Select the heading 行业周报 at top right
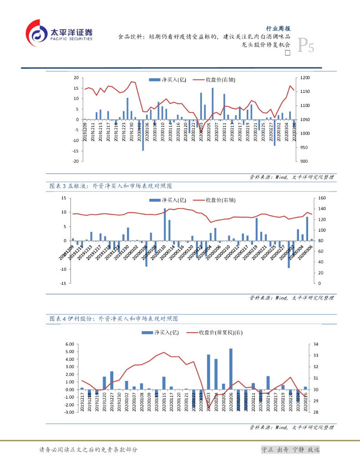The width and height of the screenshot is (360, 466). (279, 28)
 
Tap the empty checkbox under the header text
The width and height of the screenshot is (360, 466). (287, 53)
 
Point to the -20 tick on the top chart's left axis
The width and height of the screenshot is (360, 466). (77, 161)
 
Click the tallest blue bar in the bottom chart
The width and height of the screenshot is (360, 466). (231, 369)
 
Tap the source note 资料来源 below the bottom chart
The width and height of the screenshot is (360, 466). (292, 427)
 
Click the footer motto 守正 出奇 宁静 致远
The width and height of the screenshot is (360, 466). (290, 449)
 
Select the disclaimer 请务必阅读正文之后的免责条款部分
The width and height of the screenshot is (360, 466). (88, 450)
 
